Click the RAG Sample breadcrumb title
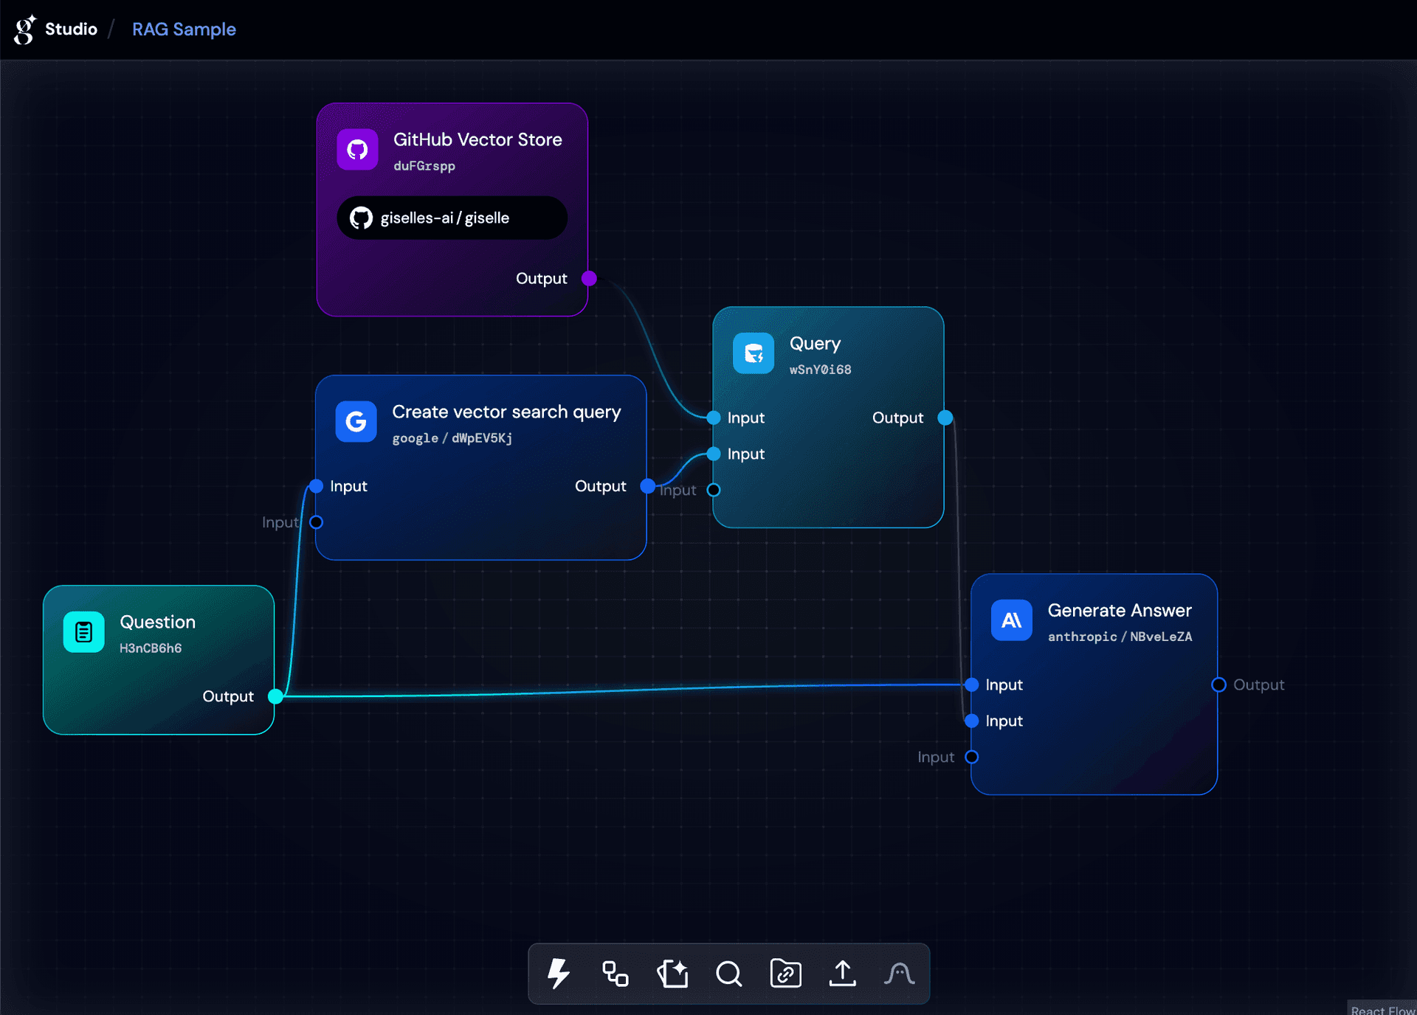click(184, 30)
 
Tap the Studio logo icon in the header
click(24, 30)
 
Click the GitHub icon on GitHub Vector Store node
click(357, 150)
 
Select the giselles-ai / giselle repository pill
click(452, 218)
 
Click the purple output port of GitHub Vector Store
click(589, 278)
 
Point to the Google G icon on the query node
click(356, 421)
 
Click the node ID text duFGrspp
click(424, 166)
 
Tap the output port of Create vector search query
click(647, 486)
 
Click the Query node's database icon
click(753, 353)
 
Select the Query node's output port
click(945, 418)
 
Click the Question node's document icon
click(84, 632)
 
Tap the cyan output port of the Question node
click(275, 696)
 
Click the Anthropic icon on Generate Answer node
click(1011, 620)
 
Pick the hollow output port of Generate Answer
click(1218, 685)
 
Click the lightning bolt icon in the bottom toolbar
click(559, 973)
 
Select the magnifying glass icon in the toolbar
click(728, 973)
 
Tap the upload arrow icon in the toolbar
click(842, 973)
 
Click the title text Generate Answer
click(1119, 610)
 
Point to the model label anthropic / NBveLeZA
click(1120, 637)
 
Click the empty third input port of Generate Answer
click(972, 757)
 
